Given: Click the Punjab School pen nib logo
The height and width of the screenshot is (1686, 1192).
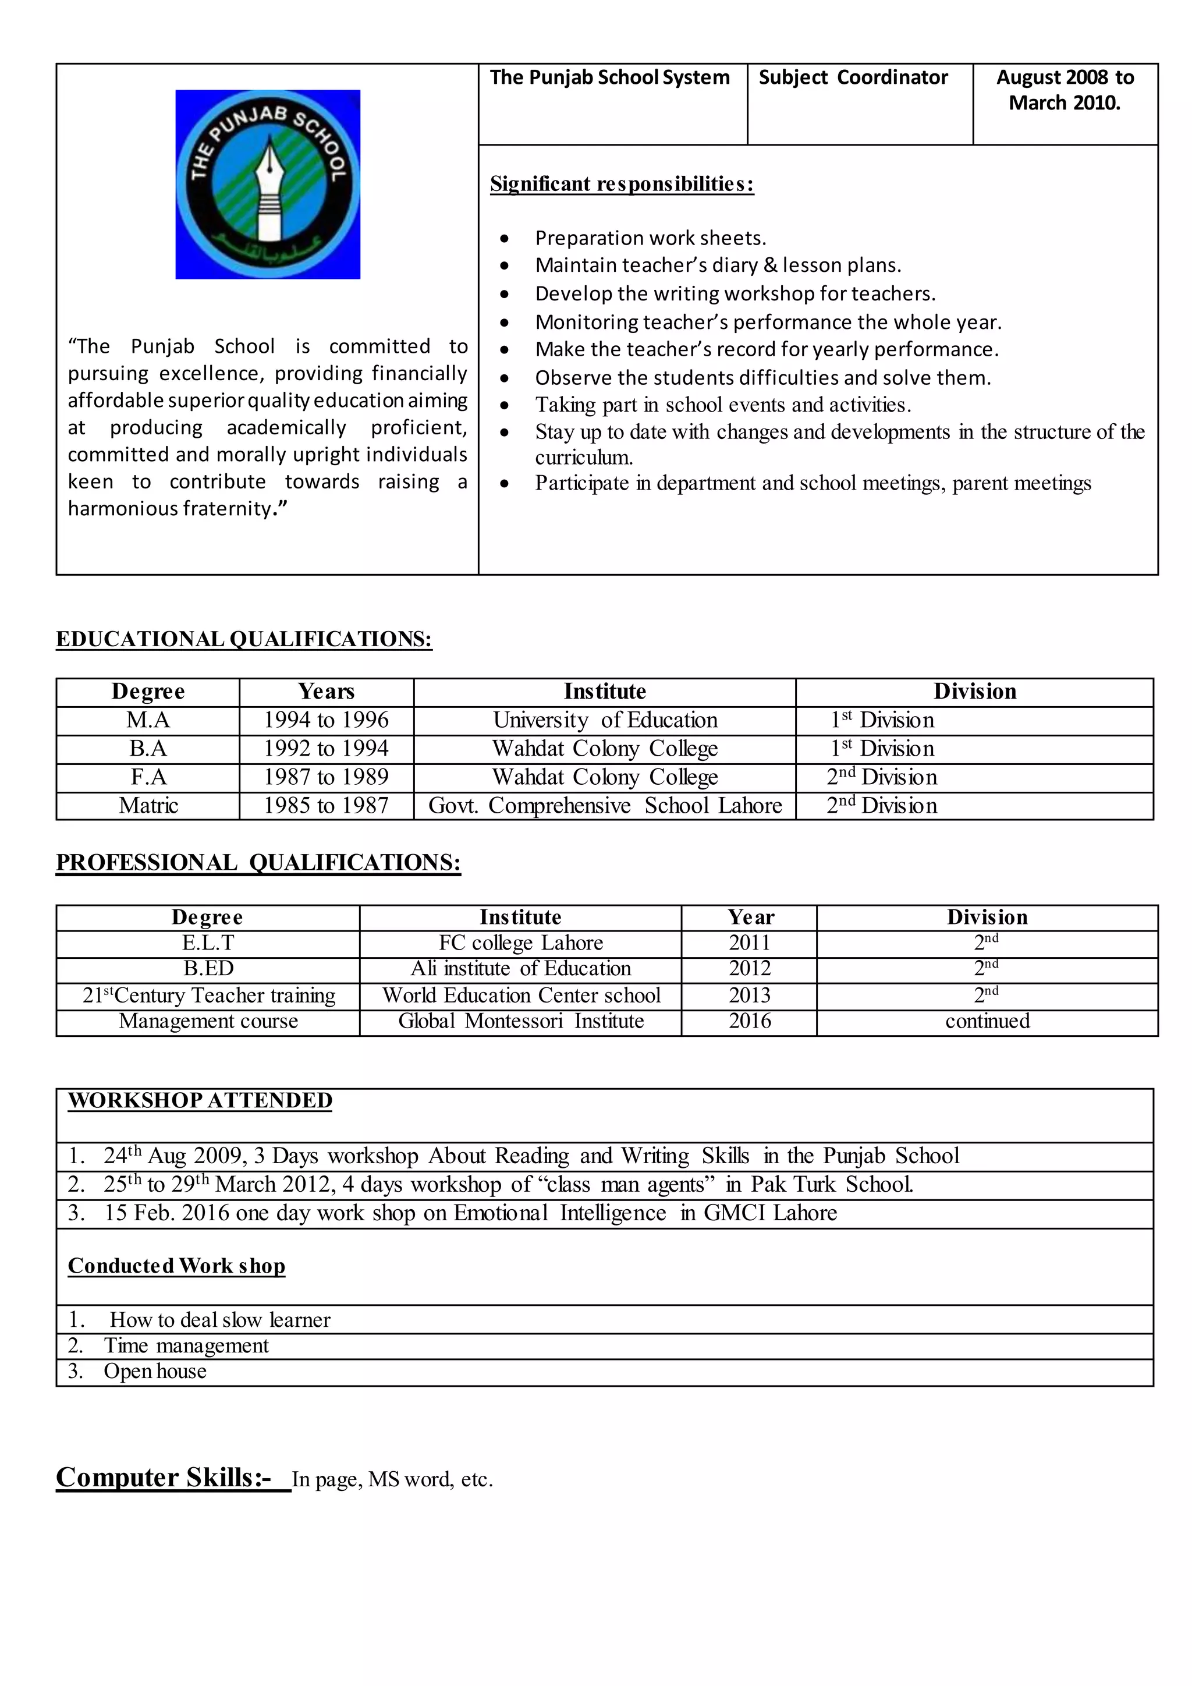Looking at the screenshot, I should pyautogui.click(x=267, y=185).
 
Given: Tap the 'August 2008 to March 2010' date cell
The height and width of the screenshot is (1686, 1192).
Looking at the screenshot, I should pyautogui.click(x=1065, y=90).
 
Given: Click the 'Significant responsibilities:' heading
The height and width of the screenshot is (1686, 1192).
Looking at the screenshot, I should pyautogui.click(x=622, y=183).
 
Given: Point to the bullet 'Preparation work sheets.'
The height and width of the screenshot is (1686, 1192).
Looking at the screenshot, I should pyautogui.click(x=650, y=238).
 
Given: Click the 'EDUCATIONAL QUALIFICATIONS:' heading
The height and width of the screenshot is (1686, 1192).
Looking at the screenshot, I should pyautogui.click(x=244, y=639).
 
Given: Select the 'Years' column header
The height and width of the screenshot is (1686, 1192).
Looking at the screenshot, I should pyautogui.click(x=326, y=692).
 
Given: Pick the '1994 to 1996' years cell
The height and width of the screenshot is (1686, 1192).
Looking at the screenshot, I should pyautogui.click(x=326, y=720).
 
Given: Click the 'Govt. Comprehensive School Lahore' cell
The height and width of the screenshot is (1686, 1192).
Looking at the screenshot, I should pyautogui.click(x=605, y=806).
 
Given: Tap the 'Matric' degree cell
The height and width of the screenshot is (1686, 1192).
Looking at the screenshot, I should pyautogui.click(x=148, y=806).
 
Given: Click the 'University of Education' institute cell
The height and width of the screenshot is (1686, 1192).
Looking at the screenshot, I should pyautogui.click(x=605, y=720).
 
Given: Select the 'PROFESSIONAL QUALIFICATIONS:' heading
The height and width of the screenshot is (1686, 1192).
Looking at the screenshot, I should pyautogui.click(x=258, y=862).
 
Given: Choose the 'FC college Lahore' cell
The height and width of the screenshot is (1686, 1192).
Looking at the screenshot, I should pyautogui.click(x=520, y=943).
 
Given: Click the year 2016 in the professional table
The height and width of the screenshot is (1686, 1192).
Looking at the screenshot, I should pyautogui.click(x=750, y=1021).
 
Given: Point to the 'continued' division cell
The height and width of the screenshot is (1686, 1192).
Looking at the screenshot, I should pyautogui.click(x=987, y=1021).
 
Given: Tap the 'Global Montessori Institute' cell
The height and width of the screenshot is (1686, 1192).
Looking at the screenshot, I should pyautogui.click(x=520, y=1021).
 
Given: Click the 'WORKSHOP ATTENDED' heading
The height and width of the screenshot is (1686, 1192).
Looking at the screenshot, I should pyautogui.click(x=200, y=1101).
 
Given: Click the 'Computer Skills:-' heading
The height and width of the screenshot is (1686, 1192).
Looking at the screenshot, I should pyautogui.click(x=164, y=1478).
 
